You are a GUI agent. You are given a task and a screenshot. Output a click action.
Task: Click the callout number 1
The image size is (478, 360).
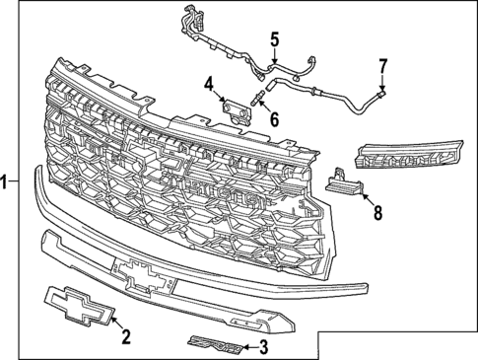(6, 181)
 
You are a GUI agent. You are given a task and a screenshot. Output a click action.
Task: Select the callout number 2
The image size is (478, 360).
(126, 337)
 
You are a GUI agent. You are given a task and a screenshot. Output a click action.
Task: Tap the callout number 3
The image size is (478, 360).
(262, 346)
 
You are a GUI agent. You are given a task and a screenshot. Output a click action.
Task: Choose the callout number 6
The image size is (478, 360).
(273, 119)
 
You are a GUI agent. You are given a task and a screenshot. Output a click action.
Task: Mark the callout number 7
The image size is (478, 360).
(383, 66)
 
